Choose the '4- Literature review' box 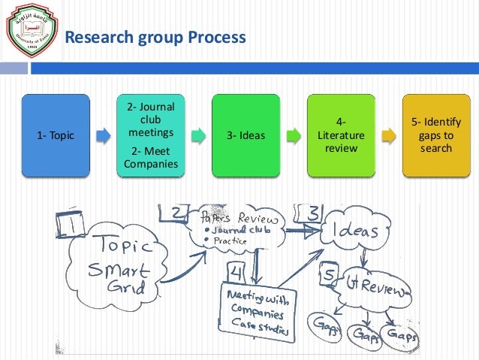341,135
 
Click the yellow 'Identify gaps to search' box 437,135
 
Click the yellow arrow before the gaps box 389,136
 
